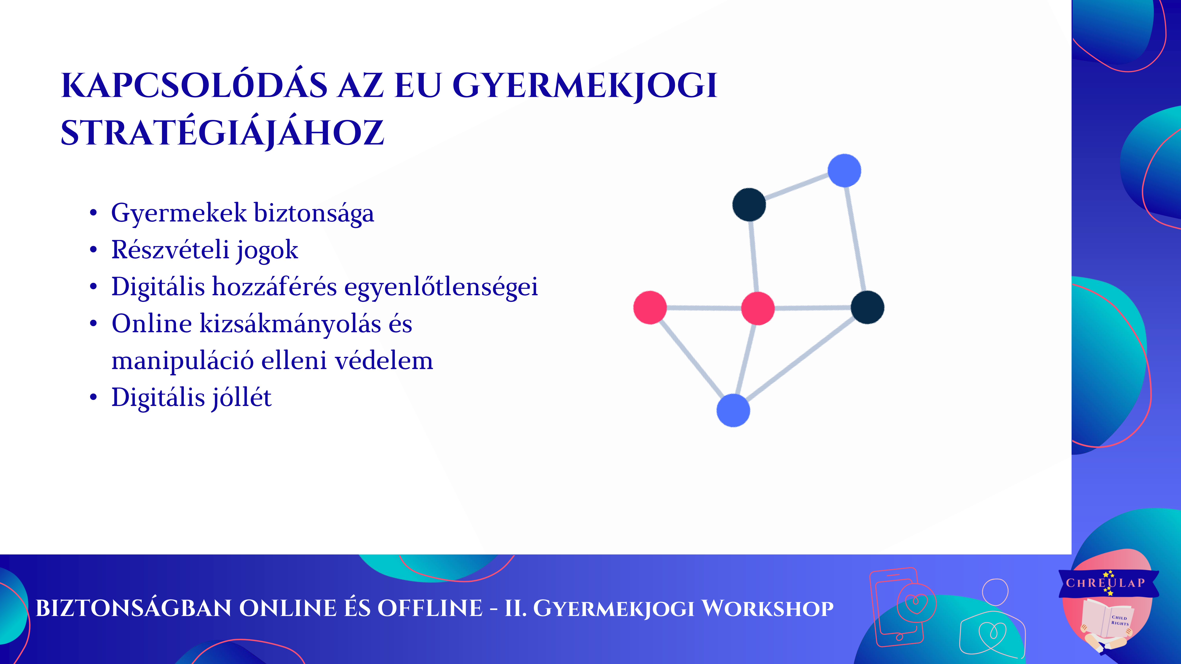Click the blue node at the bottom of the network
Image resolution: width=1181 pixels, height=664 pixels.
click(733, 410)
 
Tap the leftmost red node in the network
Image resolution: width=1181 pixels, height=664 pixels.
click(650, 307)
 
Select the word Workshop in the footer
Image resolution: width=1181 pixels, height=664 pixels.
click(768, 609)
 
